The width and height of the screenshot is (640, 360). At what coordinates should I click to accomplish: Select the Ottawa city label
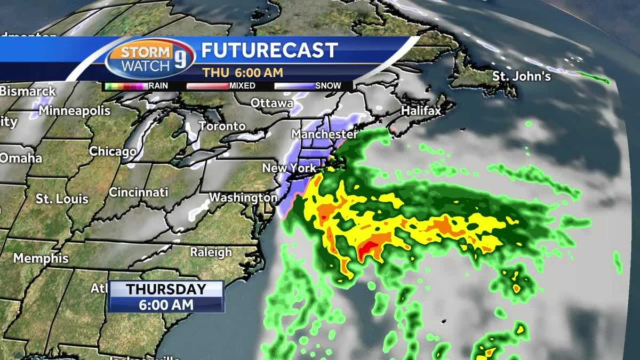click(x=272, y=102)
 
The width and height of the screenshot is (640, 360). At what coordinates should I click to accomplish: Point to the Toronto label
click(x=222, y=126)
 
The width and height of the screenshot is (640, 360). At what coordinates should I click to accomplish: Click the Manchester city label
click(x=324, y=133)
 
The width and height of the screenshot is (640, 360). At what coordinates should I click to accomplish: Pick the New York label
click(x=289, y=168)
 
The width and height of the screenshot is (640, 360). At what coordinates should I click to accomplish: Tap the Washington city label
click(x=243, y=197)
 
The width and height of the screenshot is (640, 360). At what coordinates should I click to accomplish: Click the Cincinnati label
click(x=139, y=192)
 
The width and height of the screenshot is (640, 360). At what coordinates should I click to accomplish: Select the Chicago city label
click(x=113, y=151)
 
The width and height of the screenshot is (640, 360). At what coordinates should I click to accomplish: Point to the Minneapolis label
click(x=75, y=111)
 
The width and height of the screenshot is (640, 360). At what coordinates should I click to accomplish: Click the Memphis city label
click(x=41, y=258)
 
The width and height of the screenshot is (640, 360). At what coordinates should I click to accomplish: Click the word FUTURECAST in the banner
click(x=269, y=50)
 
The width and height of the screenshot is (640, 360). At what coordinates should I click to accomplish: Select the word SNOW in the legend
click(x=328, y=85)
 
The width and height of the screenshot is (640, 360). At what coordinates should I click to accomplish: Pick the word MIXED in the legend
click(x=242, y=85)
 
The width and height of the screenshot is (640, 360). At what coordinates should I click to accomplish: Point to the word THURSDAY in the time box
click(x=166, y=290)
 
